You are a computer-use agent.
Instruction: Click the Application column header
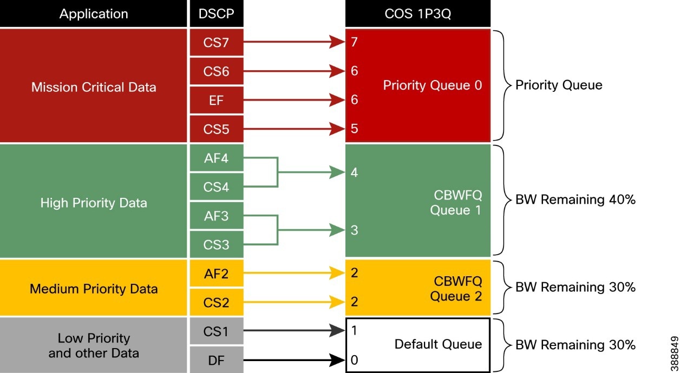tap(94, 14)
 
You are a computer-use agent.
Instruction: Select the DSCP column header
tap(216, 14)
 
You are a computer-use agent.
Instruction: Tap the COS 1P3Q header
tap(417, 14)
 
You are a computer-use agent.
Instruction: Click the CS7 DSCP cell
tap(216, 42)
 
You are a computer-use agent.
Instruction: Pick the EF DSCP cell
tap(216, 100)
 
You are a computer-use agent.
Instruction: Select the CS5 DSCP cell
tap(216, 129)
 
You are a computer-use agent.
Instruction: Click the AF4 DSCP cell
tap(216, 158)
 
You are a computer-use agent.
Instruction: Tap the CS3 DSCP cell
tap(216, 245)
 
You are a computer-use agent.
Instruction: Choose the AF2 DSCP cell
tap(216, 274)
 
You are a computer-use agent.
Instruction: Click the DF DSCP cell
tap(216, 360)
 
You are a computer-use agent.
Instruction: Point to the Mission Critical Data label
tap(94, 87)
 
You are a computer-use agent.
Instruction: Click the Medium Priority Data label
tap(94, 288)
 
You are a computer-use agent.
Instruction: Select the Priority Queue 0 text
tap(432, 85)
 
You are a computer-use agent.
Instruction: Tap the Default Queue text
tap(437, 344)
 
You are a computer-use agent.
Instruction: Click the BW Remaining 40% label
tap(575, 199)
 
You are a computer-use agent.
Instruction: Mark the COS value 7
tap(354, 42)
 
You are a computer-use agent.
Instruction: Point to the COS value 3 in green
tap(354, 230)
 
